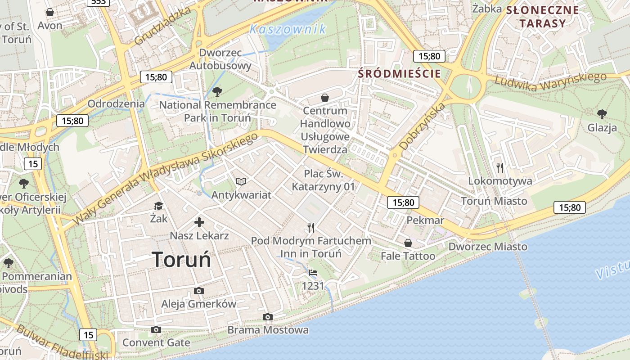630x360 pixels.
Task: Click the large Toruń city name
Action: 181,260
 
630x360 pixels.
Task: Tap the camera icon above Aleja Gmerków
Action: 198,291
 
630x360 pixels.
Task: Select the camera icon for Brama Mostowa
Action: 268,317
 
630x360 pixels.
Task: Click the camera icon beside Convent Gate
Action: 156,330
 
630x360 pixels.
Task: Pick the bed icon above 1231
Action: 313,273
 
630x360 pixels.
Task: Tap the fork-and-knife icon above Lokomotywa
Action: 500,168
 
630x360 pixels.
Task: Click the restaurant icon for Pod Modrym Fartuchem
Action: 311,228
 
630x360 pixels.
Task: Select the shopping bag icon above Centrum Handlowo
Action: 325,98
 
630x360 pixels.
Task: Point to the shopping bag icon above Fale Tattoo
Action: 408,243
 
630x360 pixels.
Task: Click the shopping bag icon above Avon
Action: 50,12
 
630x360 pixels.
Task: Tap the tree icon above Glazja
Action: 602,114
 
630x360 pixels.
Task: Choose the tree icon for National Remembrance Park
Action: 217,92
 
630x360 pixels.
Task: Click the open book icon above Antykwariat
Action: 242,182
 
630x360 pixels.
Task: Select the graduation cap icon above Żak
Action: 158,206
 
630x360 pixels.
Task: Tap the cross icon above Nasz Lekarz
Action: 199,222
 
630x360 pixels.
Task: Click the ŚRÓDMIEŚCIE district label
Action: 399,74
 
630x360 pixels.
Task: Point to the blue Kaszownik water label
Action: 288,30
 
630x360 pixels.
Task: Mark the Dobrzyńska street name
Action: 422,126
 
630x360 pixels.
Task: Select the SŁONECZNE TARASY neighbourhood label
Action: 543,17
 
